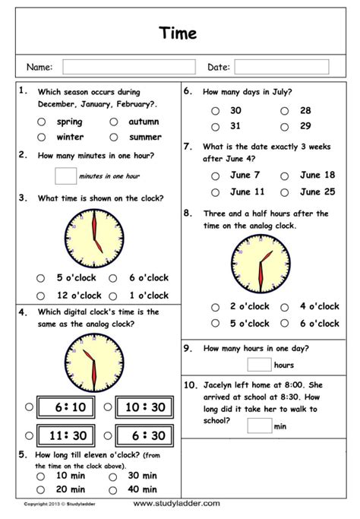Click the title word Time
click(179, 33)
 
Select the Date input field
click(270, 67)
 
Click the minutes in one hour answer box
click(65, 176)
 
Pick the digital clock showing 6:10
click(67, 407)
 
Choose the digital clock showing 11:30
click(67, 435)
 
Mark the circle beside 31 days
click(215, 126)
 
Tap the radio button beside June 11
click(215, 192)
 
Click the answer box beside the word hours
click(259, 366)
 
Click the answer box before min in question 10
click(259, 426)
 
